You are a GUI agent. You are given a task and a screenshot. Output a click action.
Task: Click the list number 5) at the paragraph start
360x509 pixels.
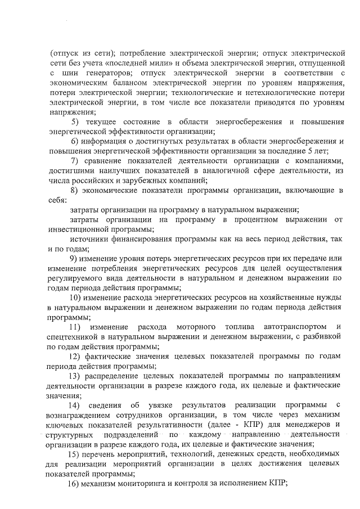(75, 123)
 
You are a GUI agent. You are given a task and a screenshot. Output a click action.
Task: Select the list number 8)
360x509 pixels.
(75, 190)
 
